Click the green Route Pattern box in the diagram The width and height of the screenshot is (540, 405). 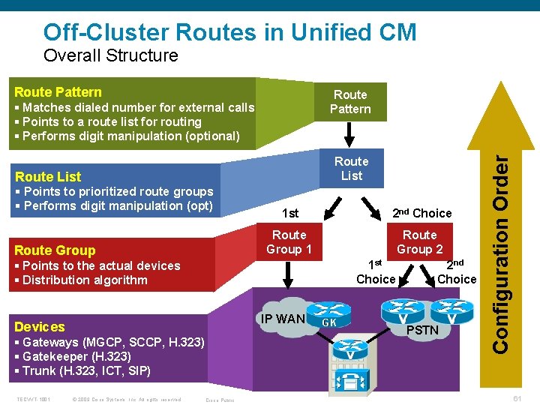[350, 102]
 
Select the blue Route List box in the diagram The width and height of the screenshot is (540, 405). [351, 169]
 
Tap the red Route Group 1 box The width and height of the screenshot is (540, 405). [289, 242]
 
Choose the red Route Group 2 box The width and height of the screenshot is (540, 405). [419, 242]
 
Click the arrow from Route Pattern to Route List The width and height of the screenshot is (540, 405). [350, 135]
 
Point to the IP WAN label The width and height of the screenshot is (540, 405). [283, 319]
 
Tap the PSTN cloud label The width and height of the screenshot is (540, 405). [422, 330]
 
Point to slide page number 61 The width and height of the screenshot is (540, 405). [517, 398]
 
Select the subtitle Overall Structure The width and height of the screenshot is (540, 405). [111, 55]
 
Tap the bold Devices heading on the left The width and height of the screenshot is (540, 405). [40, 326]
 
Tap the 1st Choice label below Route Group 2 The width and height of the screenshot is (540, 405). [376, 271]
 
